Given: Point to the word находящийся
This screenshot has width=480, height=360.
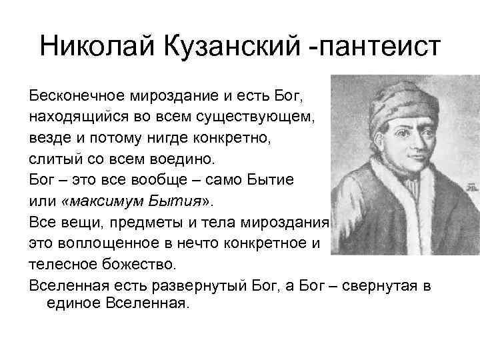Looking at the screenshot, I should pyautogui.click(x=73, y=118).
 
